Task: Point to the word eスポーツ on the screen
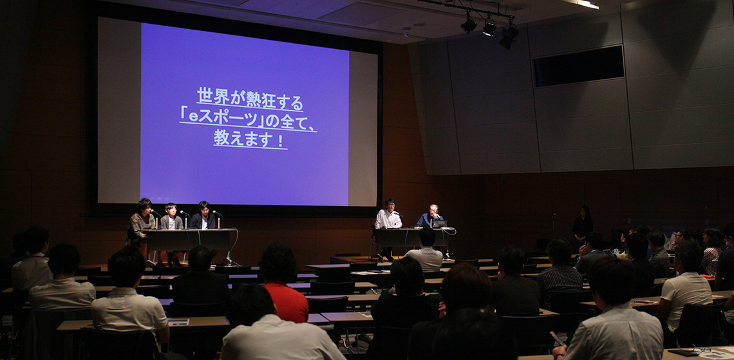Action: point(223,118)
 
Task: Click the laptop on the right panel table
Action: point(440,223)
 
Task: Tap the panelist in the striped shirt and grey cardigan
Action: point(171,218)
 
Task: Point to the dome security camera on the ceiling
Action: point(406,32)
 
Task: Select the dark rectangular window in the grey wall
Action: point(579,66)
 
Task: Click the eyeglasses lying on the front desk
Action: point(701,348)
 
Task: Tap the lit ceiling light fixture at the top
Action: point(582,4)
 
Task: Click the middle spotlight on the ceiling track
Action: point(489,28)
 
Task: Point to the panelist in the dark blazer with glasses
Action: point(203,216)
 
